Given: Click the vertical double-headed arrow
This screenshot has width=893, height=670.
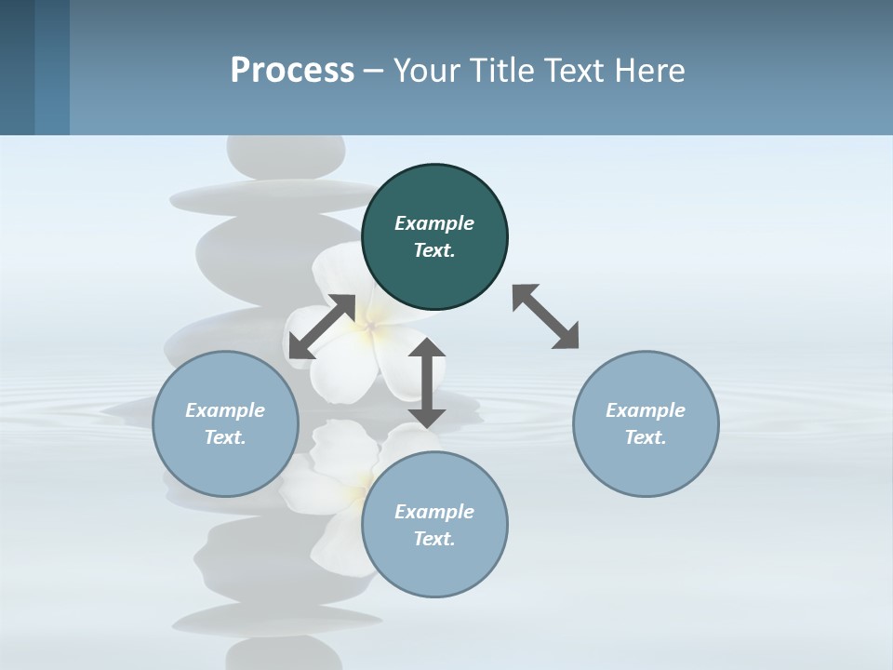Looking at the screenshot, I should pyautogui.click(x=427, y=382).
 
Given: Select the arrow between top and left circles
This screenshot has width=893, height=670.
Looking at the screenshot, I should pyautogui.click(x=322, y=327).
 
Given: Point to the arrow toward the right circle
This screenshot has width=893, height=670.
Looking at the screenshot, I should pyautogui.click(x=545, y=316).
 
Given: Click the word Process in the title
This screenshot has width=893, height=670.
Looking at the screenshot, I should pyautogui.click(x=292, y=70).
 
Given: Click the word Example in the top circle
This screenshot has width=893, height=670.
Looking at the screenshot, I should pyautogui.click(x=434, y=223).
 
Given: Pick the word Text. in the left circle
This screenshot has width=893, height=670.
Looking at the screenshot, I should pyautogui.click(x=225, y=437).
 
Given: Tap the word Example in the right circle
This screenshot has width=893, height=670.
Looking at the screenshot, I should pyautogui.click(x=646, y=410).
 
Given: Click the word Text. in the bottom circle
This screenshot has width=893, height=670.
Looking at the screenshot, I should pyautogui.click(x=434, y=539).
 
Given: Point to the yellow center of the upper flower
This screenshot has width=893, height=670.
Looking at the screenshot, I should pyautogui.click(x=371, y=326).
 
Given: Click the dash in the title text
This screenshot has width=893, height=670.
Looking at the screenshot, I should pyautogui.click(x=374, y=70).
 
